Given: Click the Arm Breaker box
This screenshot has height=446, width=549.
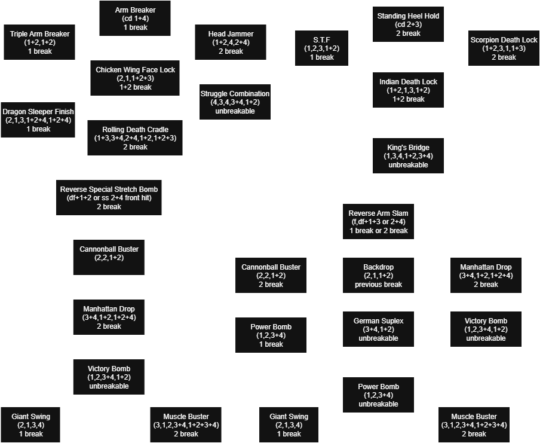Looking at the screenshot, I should tap(135, 19).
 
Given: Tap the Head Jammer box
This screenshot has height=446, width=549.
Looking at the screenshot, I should tap(231, 42).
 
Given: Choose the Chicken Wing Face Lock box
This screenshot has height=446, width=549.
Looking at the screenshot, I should tap(135, 78).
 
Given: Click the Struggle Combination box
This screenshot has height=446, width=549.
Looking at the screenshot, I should tap(235, 102).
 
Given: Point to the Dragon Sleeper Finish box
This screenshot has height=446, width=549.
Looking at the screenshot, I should tap(38, 120).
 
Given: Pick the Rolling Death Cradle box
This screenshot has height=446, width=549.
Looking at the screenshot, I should tap(135, 138).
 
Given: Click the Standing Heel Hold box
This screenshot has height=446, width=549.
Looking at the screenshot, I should tap(408, 25).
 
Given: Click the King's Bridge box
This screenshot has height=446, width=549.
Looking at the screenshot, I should tap(408, 156).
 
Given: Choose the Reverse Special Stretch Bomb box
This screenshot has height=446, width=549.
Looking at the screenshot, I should tap(108, 198).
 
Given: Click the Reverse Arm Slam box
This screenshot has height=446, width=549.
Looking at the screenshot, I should tap(378, 222).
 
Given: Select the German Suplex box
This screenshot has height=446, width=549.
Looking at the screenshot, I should tap(378, 329).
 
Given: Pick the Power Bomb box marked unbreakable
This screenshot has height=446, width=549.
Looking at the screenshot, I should tap(378, 395).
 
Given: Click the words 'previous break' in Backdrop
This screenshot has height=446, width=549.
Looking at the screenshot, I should tap(378, 285).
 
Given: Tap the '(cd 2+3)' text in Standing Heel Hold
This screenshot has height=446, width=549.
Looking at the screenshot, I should tap(408, 25).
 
